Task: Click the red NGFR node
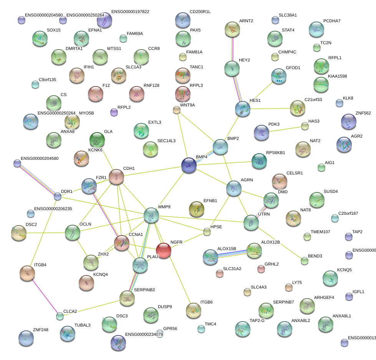coord(164,251)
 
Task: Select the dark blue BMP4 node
coord(189,165)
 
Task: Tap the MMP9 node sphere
coord(151,216)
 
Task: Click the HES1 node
coord(243,109)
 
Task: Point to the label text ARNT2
coord(246,21)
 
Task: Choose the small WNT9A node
coord(176,110)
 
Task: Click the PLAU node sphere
coord(140,265)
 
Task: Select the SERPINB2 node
coord(127,297)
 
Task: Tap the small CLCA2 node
coord(60,317)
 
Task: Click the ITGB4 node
coord(27,273)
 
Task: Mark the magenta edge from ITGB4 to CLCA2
coord(43,295)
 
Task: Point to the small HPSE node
coord(207,232)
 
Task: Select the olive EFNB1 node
coord(197,209)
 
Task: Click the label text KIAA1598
coord(337,76)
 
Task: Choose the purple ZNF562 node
coord(348,122)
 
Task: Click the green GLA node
coord(97,139)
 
